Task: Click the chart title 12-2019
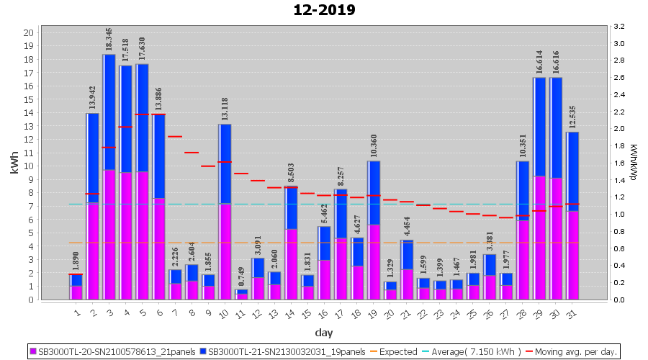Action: pyautogui.click(x=324, y=10)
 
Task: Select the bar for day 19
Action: pyautogui.click(x=374, y=230)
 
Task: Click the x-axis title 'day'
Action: pyautogui.click(x=323, y=333)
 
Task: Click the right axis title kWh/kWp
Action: pyautogui.click(x=633, y=163)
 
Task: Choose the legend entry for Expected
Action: pyautogui.click(x=395, y=352)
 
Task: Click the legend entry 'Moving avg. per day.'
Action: pyautogui.click(x=575, y=352)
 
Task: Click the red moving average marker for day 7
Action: pyautogui.click(x=175, y=136)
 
